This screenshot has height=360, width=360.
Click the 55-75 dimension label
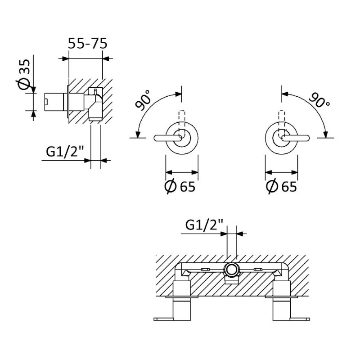pos(88,43)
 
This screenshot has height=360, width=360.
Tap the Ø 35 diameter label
pos(24,74)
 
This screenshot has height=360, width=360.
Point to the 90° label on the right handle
pos(319,100)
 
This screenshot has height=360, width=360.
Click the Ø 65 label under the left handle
pos(180,186)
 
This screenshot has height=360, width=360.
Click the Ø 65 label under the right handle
pos(282,186)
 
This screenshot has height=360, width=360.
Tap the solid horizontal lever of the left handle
pos(167,138)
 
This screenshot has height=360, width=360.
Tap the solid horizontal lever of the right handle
pos(296,138)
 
